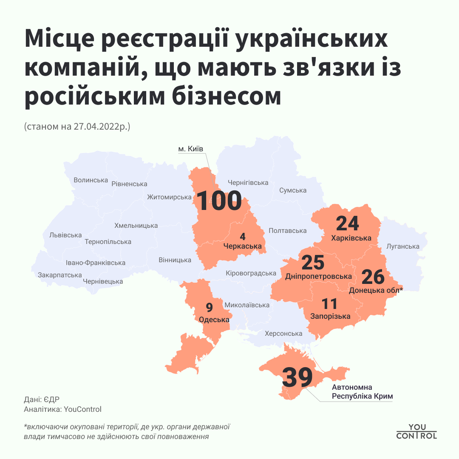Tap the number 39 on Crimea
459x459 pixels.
click(297, 377)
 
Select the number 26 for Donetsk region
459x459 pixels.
click(373, 277)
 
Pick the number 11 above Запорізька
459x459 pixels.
click(329, 304)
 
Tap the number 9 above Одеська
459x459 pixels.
click(209, 307)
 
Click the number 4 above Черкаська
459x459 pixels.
click(243, 236)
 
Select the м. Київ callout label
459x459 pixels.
click(191, 149)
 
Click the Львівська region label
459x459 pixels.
click(65, 235)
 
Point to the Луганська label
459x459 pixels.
click(402, 246)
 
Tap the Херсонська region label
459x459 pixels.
click(283, 334)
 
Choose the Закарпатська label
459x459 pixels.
click(59, 275)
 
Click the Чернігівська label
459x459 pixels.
click(248, 183)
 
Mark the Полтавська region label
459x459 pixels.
click(287, 231)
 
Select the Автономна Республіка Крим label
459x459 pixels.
click(362, 392)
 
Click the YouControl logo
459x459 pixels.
click(416, 431)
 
